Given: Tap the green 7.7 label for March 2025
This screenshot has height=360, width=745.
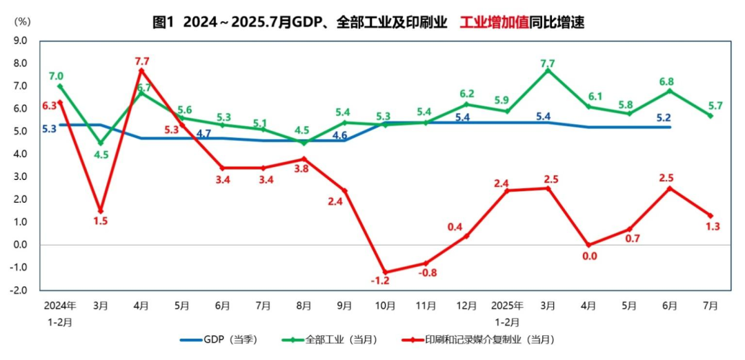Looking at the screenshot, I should pos(548,63).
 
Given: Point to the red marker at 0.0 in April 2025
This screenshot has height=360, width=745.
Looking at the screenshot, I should pos(588,245).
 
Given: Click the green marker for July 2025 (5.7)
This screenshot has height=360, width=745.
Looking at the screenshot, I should pos(711,115).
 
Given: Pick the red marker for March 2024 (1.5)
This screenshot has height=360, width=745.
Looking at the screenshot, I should pos(101,211).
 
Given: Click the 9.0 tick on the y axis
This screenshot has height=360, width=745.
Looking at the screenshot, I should pos(20,41).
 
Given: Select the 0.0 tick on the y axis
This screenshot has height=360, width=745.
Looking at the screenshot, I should pos(20,245).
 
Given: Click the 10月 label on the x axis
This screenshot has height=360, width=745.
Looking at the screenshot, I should pos(385,305).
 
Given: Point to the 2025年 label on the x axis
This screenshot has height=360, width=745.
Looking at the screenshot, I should pos(507,305).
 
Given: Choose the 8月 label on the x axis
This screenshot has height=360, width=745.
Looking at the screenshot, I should pos(304,305).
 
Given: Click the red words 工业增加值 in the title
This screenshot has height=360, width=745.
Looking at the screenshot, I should pos(494,22).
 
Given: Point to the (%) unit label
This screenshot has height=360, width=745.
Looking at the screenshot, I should pos(22,21).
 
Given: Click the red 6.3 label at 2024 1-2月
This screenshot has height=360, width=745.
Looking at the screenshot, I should pos(49,106).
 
